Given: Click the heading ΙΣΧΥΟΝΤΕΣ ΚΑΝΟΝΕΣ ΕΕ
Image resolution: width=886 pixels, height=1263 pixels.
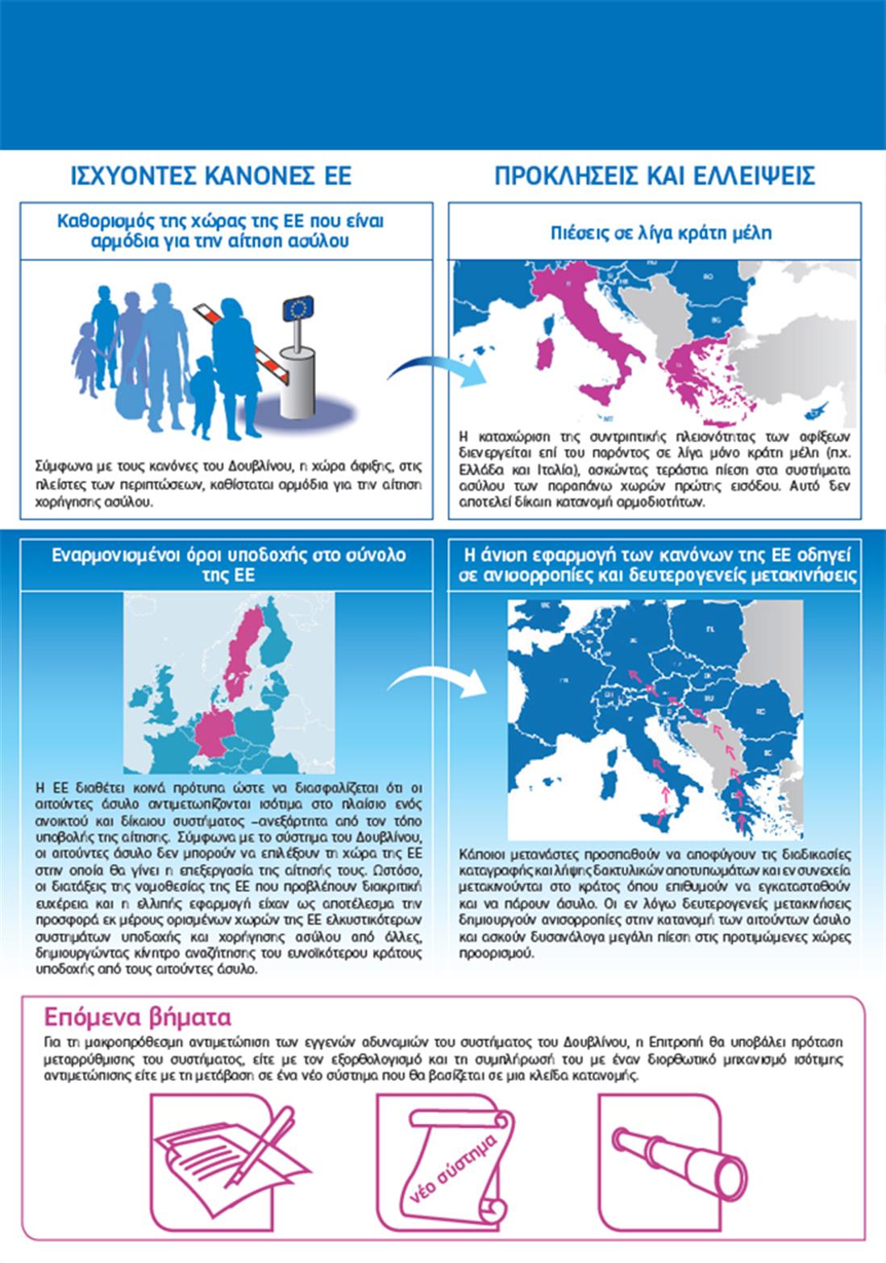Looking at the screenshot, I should click(211, 176).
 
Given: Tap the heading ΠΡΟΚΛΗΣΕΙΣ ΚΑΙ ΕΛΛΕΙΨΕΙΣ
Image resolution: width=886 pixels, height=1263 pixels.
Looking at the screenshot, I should click(655, 176).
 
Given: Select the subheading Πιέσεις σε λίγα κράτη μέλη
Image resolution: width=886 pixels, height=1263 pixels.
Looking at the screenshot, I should click(661, 233).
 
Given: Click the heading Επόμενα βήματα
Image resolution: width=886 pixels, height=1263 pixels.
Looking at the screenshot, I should click(137, 1015).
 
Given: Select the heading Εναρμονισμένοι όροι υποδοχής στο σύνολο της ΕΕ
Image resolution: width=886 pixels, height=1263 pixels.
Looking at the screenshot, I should click(228, 564).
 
